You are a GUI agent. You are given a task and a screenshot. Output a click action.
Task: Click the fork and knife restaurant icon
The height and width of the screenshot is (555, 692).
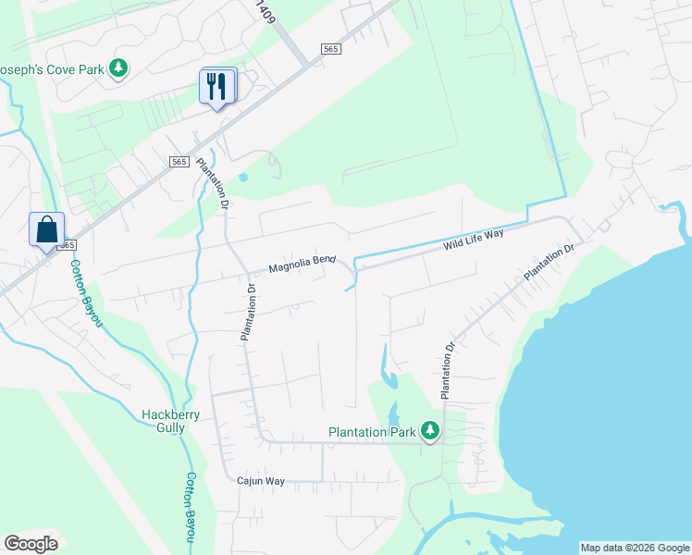216,87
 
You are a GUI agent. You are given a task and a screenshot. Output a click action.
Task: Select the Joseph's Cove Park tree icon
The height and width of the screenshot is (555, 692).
117,68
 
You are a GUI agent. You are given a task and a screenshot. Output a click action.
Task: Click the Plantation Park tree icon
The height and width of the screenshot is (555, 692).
429,431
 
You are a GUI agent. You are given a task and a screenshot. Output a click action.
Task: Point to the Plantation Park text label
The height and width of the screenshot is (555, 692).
373,432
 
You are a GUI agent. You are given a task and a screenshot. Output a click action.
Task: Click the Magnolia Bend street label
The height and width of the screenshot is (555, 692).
302,265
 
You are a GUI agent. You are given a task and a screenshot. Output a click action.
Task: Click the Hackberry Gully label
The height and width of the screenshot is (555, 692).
170,421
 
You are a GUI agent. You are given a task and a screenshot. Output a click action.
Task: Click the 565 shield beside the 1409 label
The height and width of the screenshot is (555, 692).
331,49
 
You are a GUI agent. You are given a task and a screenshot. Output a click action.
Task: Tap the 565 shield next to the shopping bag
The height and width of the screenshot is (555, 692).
67,245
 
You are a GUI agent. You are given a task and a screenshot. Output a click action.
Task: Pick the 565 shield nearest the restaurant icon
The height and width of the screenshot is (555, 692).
179,162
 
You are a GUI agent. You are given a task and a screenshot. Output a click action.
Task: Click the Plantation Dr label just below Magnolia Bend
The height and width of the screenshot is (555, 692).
247,314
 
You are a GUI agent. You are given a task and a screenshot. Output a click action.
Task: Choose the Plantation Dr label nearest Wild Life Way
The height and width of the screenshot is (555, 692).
550,262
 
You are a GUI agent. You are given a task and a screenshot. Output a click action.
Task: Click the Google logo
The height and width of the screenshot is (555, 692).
31,544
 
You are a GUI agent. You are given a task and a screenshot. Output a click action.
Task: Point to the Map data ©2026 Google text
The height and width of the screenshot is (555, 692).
634,548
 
